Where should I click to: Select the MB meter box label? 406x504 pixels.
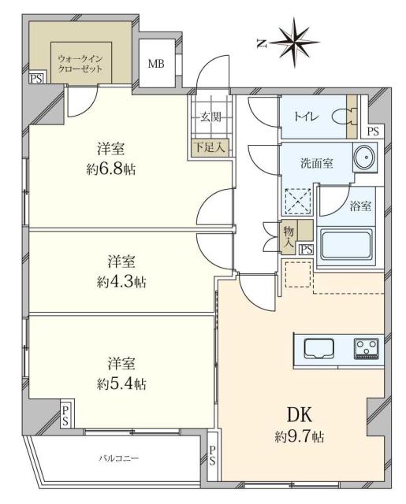(x=156, y=64)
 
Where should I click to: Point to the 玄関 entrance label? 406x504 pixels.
(x=209, y=117)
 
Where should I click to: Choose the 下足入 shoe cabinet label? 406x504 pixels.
(x=209, y=146)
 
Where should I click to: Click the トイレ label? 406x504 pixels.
(x=307, y=117)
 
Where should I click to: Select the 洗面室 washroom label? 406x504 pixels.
(x=315, y=163)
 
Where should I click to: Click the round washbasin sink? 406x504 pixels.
(x=364, y=158)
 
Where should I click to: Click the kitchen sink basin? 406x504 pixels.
(x=319, y=346)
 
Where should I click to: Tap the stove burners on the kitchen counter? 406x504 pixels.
(x=365, y=346)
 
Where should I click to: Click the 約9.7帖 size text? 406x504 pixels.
(x=297, y=435)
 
